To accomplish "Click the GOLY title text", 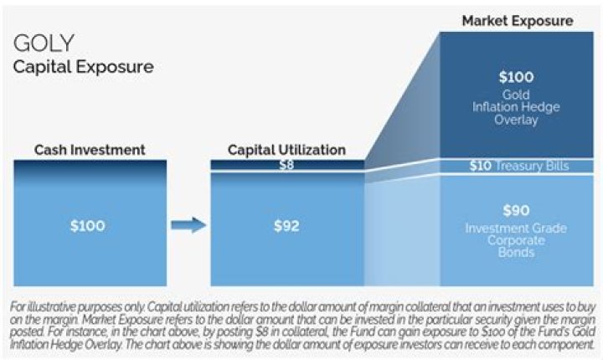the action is (44, 43).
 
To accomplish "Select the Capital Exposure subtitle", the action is (84, 67).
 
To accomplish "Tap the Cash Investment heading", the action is (90, 150).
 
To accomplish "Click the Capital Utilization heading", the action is (286, 150).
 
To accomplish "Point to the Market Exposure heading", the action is (518, 21).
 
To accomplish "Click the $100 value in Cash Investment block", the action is (88, 226).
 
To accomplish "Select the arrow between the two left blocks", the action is (188, 225).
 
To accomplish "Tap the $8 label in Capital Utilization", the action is (286, 165).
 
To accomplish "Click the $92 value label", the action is (286, 226).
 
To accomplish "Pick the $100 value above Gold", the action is (516, 77).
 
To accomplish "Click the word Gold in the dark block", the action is (516, 95).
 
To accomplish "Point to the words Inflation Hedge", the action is (516, 107).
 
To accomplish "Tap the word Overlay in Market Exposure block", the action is (516, 120).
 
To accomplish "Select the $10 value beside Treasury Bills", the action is (481, 166).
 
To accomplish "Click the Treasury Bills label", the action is (532, 166).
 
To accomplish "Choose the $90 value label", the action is (516, 210).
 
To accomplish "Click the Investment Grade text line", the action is (516, 228).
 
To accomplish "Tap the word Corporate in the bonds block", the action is (516, 240).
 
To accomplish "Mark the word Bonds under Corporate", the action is (516, 252).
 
